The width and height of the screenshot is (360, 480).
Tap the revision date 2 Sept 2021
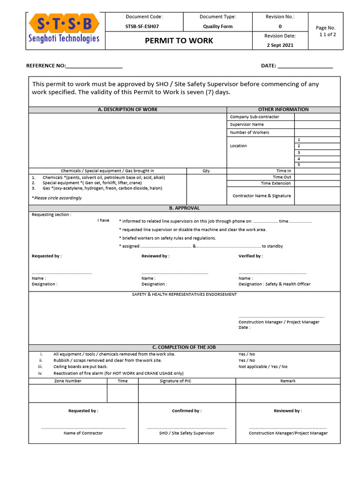[280, 45]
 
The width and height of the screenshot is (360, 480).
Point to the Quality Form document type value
[217, 27]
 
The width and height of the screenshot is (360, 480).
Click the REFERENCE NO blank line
[94, 67]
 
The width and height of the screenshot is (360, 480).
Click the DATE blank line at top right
[305, 67]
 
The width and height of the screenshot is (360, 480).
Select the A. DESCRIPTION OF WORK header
[127, 110]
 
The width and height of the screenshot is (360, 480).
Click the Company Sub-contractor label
[254, 117]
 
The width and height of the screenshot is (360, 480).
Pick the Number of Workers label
[249, 133]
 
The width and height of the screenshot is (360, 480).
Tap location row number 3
[299, 152]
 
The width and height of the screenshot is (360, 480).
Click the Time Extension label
[276, 183]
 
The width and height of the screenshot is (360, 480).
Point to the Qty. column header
[206, 171]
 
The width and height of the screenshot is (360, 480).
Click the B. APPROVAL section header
[184, 208]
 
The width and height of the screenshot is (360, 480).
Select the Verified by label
[250, 256]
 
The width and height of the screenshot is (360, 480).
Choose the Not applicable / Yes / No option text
[263, 367]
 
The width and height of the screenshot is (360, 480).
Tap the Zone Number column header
[67, 381]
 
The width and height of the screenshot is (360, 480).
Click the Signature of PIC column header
[175, 381]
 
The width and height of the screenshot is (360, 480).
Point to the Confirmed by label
[187, 411]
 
